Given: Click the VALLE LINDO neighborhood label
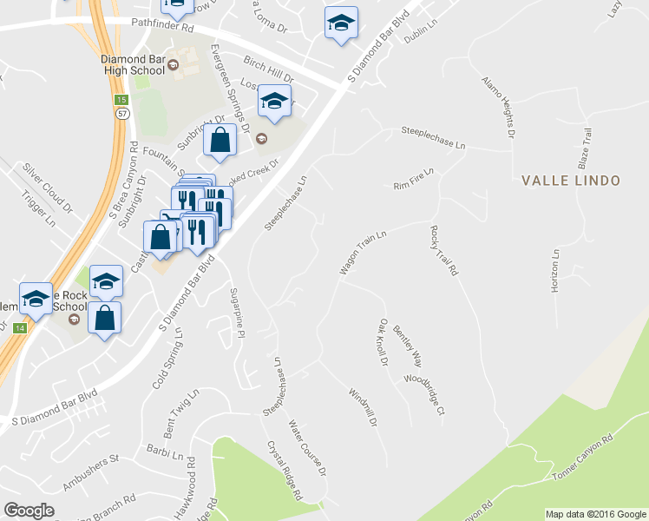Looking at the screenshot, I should coord(571,181).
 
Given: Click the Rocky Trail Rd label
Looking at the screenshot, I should coord(442,251).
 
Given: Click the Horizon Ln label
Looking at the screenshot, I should coord(555,272).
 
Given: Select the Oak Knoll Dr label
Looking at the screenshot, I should coord(383,340).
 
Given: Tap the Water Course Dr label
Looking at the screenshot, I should coord(307,448).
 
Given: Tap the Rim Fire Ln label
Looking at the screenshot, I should coord(413,180).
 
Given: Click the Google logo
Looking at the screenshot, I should coord(29,511).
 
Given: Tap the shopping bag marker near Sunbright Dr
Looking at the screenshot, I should coord(220,141).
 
